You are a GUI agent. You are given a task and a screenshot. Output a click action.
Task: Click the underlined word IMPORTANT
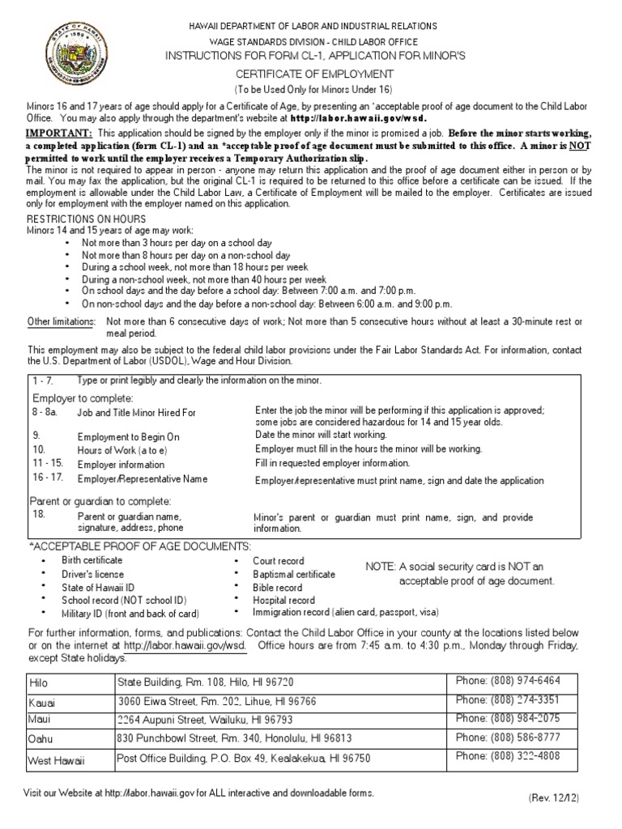pyautogui.click(x=59, y=132)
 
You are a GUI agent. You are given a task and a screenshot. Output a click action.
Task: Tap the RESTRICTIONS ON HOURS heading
pyautogui.click(x=87, y=219)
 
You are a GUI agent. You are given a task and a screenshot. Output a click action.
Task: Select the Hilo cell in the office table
pyautogui.click(x=39, y=682)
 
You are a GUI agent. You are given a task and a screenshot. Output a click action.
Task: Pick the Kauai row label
pyautogui.click(x=42, y=702)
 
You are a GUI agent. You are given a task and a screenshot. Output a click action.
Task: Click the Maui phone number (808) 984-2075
pyautogui.click(x=508, y=719)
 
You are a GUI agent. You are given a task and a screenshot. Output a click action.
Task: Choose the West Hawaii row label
pyautogui.click(x=57, y=760)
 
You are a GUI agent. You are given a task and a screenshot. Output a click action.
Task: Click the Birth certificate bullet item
pyautogui.click(x=92, y=560)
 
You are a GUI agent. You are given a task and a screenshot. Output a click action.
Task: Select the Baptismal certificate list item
pyautogui.click(x=294, y=574)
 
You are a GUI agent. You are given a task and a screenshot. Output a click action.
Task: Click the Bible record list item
pyautogui.click(x=278, y=587)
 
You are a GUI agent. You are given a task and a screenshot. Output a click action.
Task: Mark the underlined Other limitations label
pyautogui.click(x=62, y=321)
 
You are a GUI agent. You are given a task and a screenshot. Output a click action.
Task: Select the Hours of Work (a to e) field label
pyautogui.click(x=117, y=449)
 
